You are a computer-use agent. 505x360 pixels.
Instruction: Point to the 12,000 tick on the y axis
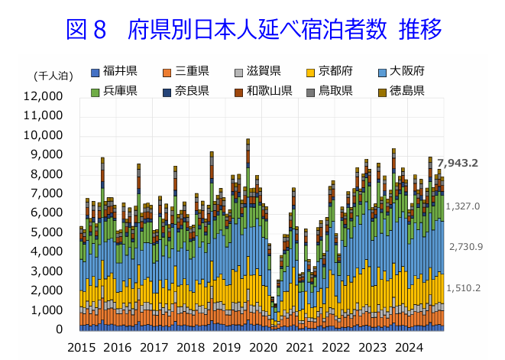(43, 96)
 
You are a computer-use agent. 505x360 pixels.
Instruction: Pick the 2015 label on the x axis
(82, 348)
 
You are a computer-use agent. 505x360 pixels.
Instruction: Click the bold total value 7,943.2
(458, 162)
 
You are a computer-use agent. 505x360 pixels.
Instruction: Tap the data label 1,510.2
(464, 288)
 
